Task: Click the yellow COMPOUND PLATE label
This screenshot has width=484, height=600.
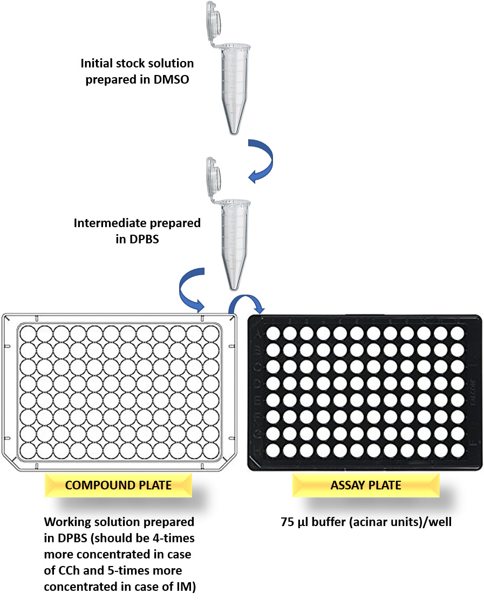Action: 118,485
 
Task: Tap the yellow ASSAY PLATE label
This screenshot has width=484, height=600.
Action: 365,485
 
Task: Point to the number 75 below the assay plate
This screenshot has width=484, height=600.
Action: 288,522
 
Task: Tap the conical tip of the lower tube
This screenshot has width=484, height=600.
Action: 233,283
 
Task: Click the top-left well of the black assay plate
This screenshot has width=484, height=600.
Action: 274,333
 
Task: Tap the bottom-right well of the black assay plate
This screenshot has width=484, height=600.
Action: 457,449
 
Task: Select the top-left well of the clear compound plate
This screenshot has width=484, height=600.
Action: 29,333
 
